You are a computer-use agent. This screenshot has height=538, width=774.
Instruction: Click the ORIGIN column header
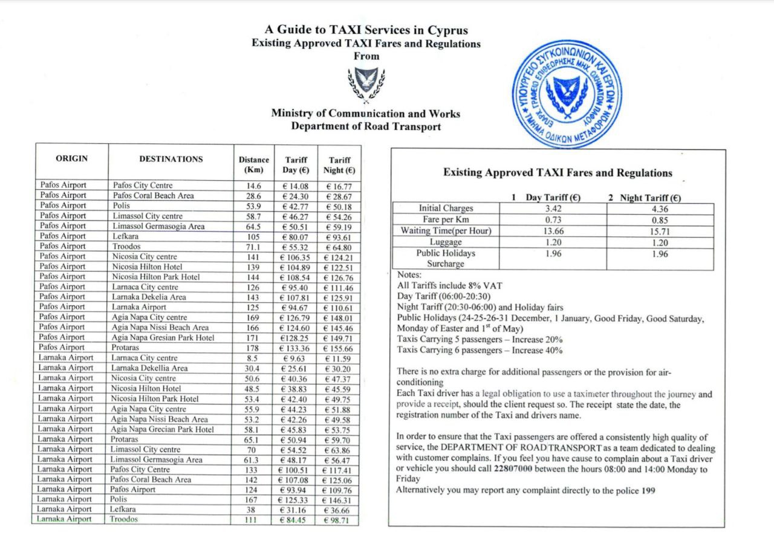point(72,159)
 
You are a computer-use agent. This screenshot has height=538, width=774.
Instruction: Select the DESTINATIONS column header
point(171,160)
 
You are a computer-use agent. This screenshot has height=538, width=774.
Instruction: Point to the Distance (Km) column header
point(254,164)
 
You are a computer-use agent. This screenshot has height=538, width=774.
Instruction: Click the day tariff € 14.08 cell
point(296,186)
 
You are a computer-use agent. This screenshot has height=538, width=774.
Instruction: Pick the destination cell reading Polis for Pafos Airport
point(121,206)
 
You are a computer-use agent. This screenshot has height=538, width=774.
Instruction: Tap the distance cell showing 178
point(253,348)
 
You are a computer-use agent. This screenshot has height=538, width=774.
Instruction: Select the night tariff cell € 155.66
point(339,348)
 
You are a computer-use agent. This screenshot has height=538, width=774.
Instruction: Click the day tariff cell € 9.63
point(296,358)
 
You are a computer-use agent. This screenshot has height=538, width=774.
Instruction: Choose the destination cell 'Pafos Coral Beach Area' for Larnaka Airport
point(152,479)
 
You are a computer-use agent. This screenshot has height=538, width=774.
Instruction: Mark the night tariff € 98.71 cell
point(339,520)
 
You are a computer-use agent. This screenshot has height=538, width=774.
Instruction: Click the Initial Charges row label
point(446,209)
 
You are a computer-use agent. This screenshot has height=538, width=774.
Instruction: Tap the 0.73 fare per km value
point(553,219)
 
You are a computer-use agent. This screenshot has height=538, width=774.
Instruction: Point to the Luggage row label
point(446,242)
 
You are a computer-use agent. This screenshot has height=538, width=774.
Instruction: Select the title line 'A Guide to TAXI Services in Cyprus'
point(366,30)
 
